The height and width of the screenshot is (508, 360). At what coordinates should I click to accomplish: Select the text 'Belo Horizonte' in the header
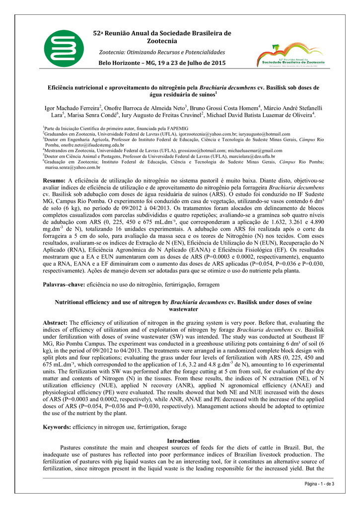pos(121,63)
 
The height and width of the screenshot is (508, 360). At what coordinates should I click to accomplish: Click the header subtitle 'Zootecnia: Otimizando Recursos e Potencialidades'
pos(162,52)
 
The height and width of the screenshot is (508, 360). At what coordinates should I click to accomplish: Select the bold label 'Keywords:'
pos(57,426)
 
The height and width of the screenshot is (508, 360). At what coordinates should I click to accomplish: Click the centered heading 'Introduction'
pos(183,441)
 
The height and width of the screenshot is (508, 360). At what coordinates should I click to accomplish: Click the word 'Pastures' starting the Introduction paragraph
pos(72,447)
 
